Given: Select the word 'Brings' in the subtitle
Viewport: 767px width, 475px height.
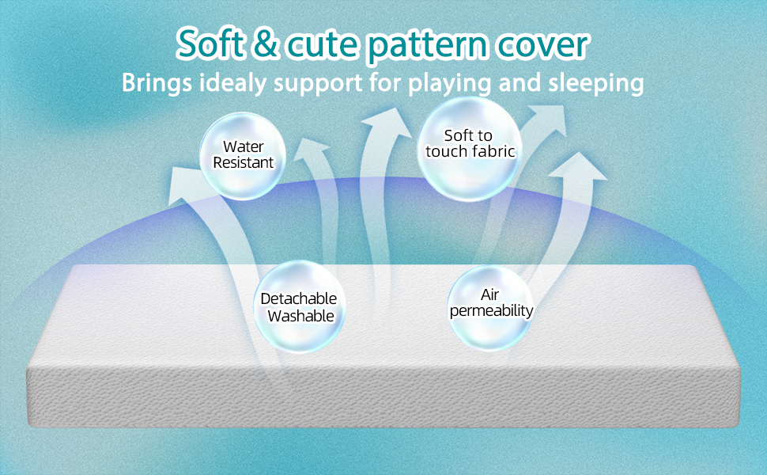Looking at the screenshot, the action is [156, 83].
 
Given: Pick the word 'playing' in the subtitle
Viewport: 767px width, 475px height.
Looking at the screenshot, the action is [449, 83].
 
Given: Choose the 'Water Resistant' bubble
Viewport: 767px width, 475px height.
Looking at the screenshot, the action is [243, 156].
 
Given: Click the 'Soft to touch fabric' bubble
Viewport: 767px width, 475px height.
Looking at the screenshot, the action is [470, 148].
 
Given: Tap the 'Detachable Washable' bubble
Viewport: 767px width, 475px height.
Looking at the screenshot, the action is [300, 306].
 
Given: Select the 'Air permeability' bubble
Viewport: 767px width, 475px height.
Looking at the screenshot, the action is [490, 307].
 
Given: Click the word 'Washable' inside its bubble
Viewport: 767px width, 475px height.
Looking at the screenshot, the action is [300, 316].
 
